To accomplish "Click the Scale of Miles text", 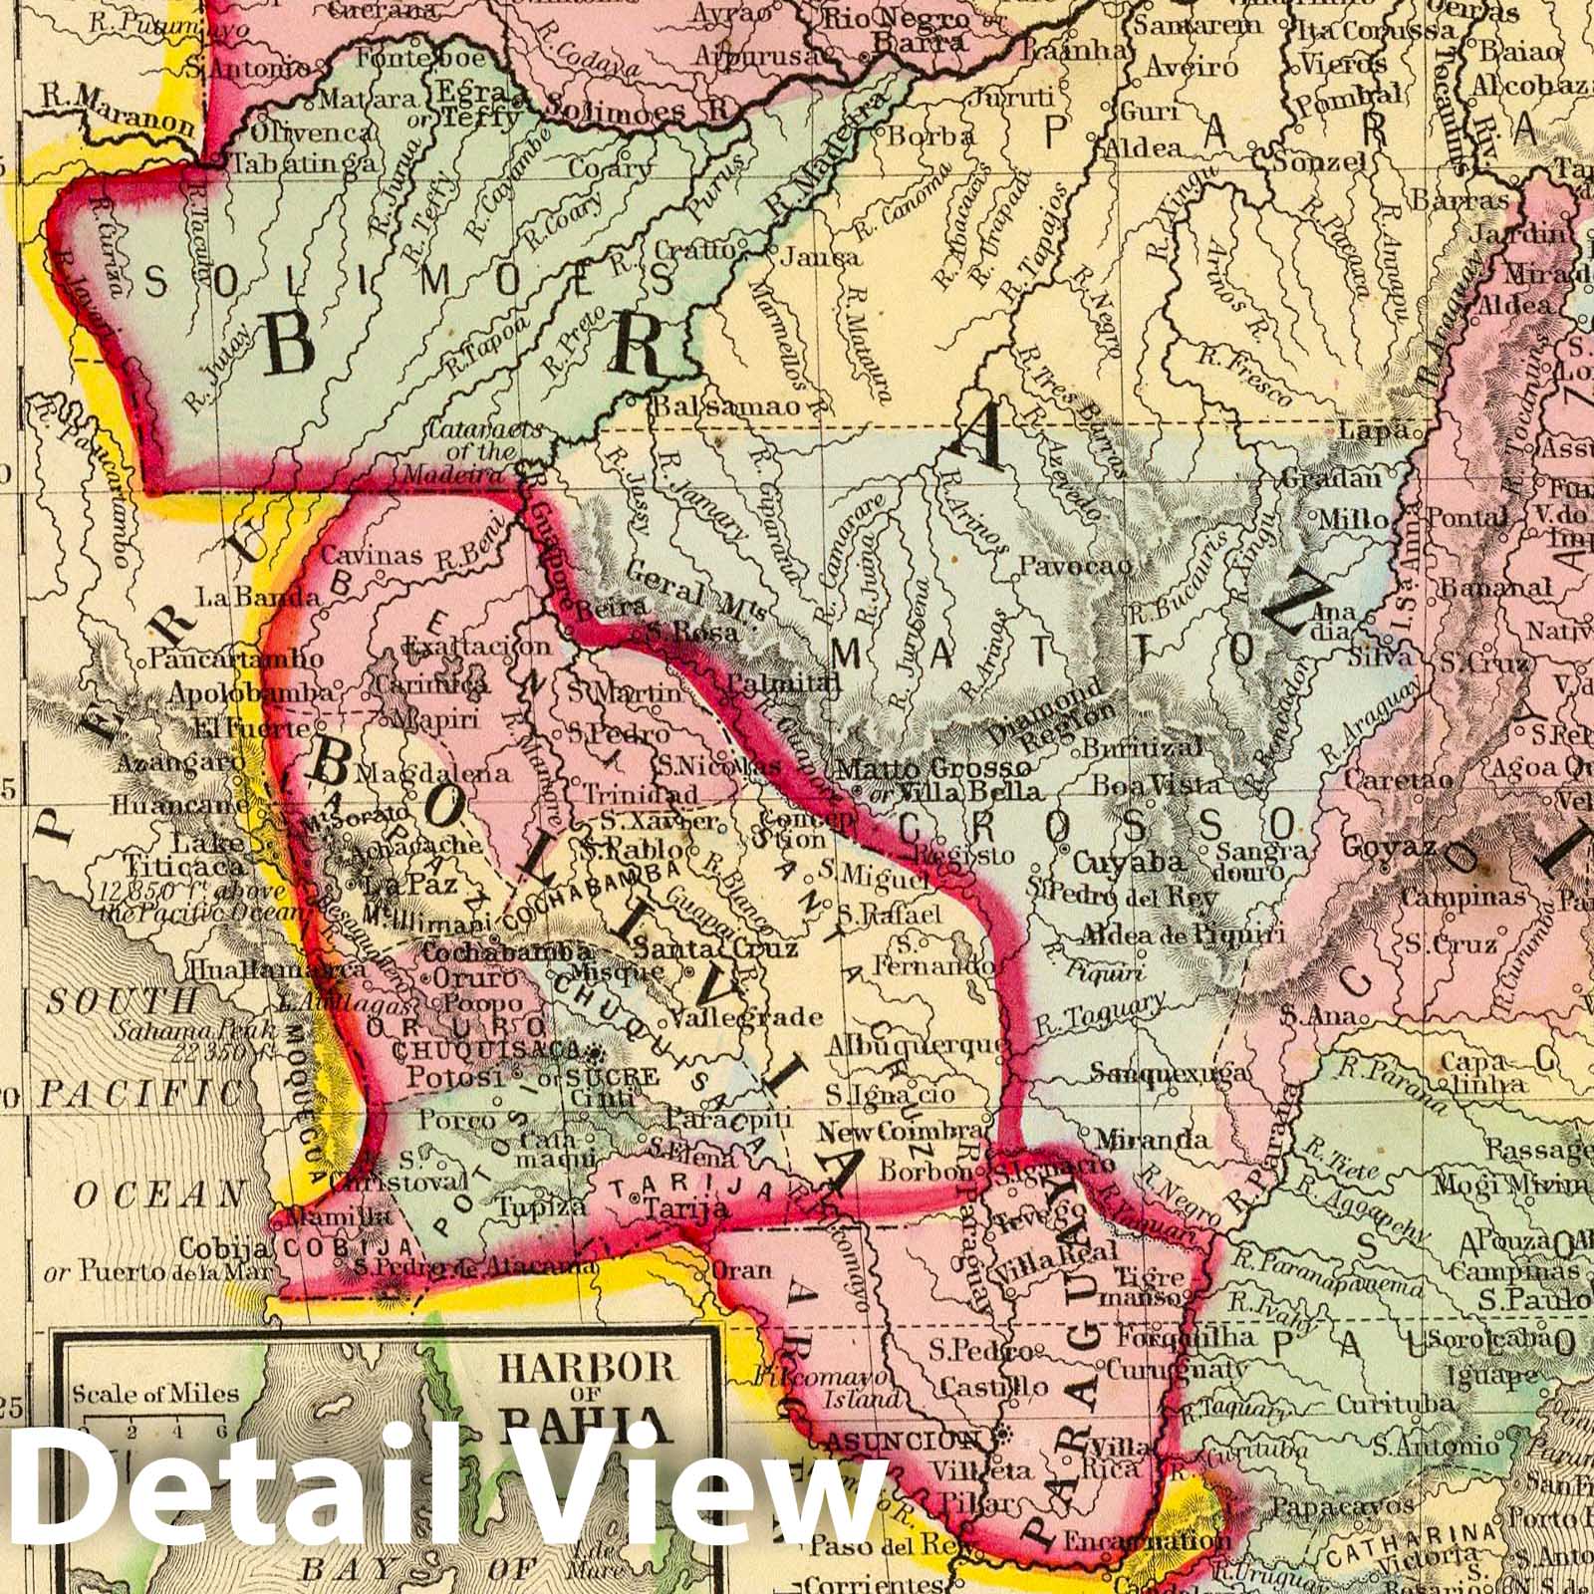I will click(154, 1392).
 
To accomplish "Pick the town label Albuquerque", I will click(907, 1043).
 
